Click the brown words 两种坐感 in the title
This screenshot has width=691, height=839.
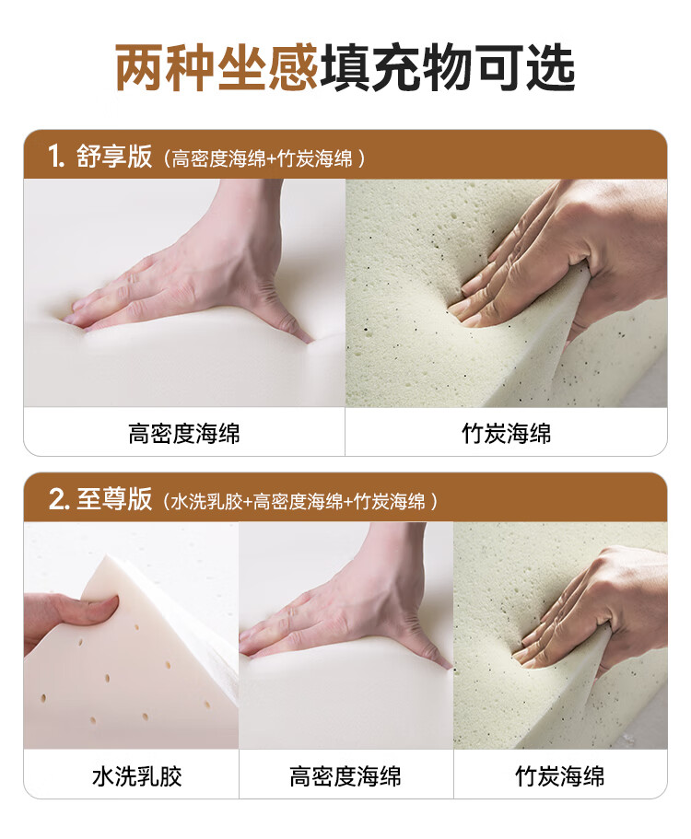click(217, 68)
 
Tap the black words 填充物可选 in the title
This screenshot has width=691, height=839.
click(448, 68)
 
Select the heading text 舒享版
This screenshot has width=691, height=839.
click(114, 157)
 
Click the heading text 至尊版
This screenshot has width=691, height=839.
click(114, 499)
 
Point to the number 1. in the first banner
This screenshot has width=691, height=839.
click(56, 157)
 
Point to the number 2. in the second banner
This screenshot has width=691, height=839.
click(58, 500)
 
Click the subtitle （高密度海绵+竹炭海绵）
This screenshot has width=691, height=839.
click(264, 159)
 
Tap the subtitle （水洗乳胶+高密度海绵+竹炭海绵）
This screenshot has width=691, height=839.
click(299, 502)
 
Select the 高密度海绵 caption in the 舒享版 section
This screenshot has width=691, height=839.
click(184, 434)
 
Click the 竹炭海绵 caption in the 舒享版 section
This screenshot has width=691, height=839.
click(507, 434)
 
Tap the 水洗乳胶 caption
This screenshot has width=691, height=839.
click(137, 776)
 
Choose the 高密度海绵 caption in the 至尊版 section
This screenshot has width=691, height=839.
click(345, 776)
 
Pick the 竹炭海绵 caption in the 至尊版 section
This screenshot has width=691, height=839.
click(560, 776)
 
